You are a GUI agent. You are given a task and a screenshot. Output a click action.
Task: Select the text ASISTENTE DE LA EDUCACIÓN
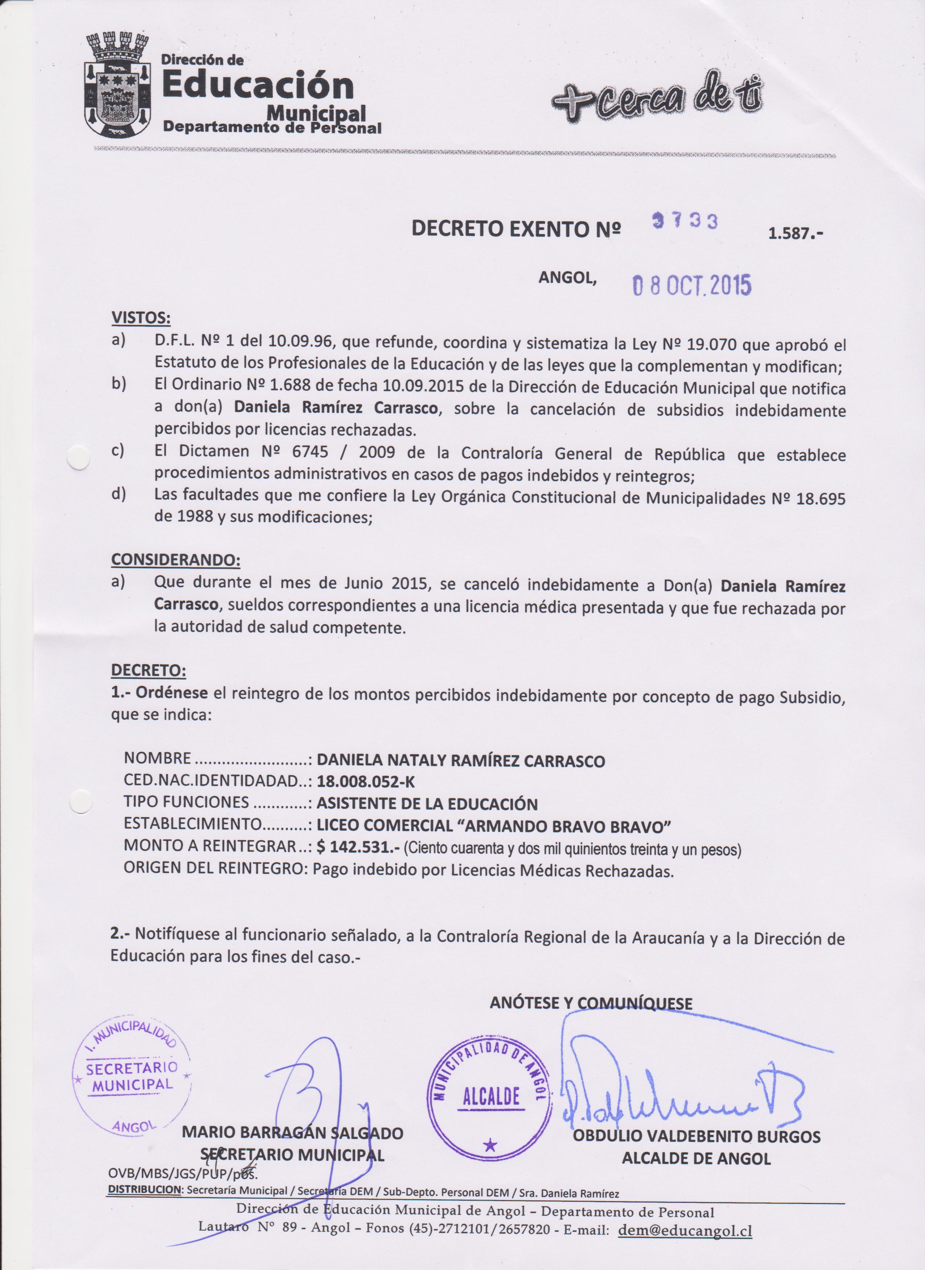click(427, 804)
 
